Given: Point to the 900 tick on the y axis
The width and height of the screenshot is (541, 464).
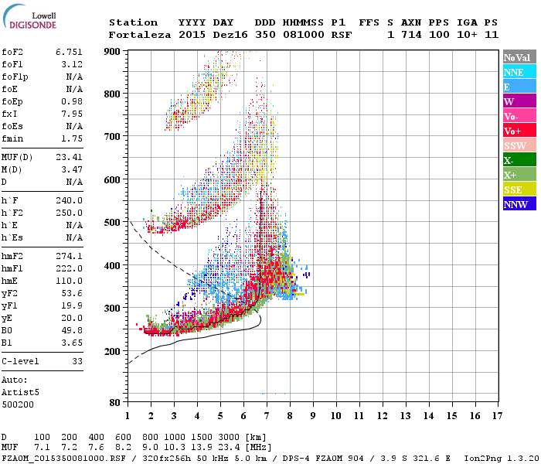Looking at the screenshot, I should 113,51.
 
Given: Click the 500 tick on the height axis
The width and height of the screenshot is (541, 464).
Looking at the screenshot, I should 113,223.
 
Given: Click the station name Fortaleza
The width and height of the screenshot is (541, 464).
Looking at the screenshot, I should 138,35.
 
